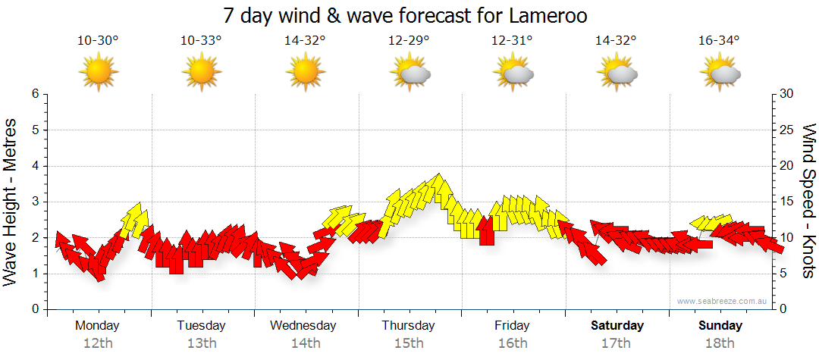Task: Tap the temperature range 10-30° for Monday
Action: coord(98,41)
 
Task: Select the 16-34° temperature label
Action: coord(720,41)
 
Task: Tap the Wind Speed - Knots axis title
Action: coord(808,202)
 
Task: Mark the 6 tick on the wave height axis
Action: coord(34,94)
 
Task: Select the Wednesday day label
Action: coord(303,326)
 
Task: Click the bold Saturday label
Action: coord(617,326)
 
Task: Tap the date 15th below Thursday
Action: coord(408,343)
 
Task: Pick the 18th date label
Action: coord(720,343)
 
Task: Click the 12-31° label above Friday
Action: coord(512,41)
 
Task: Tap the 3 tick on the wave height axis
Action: coord(34,202)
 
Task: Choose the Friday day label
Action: coord(512,326)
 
